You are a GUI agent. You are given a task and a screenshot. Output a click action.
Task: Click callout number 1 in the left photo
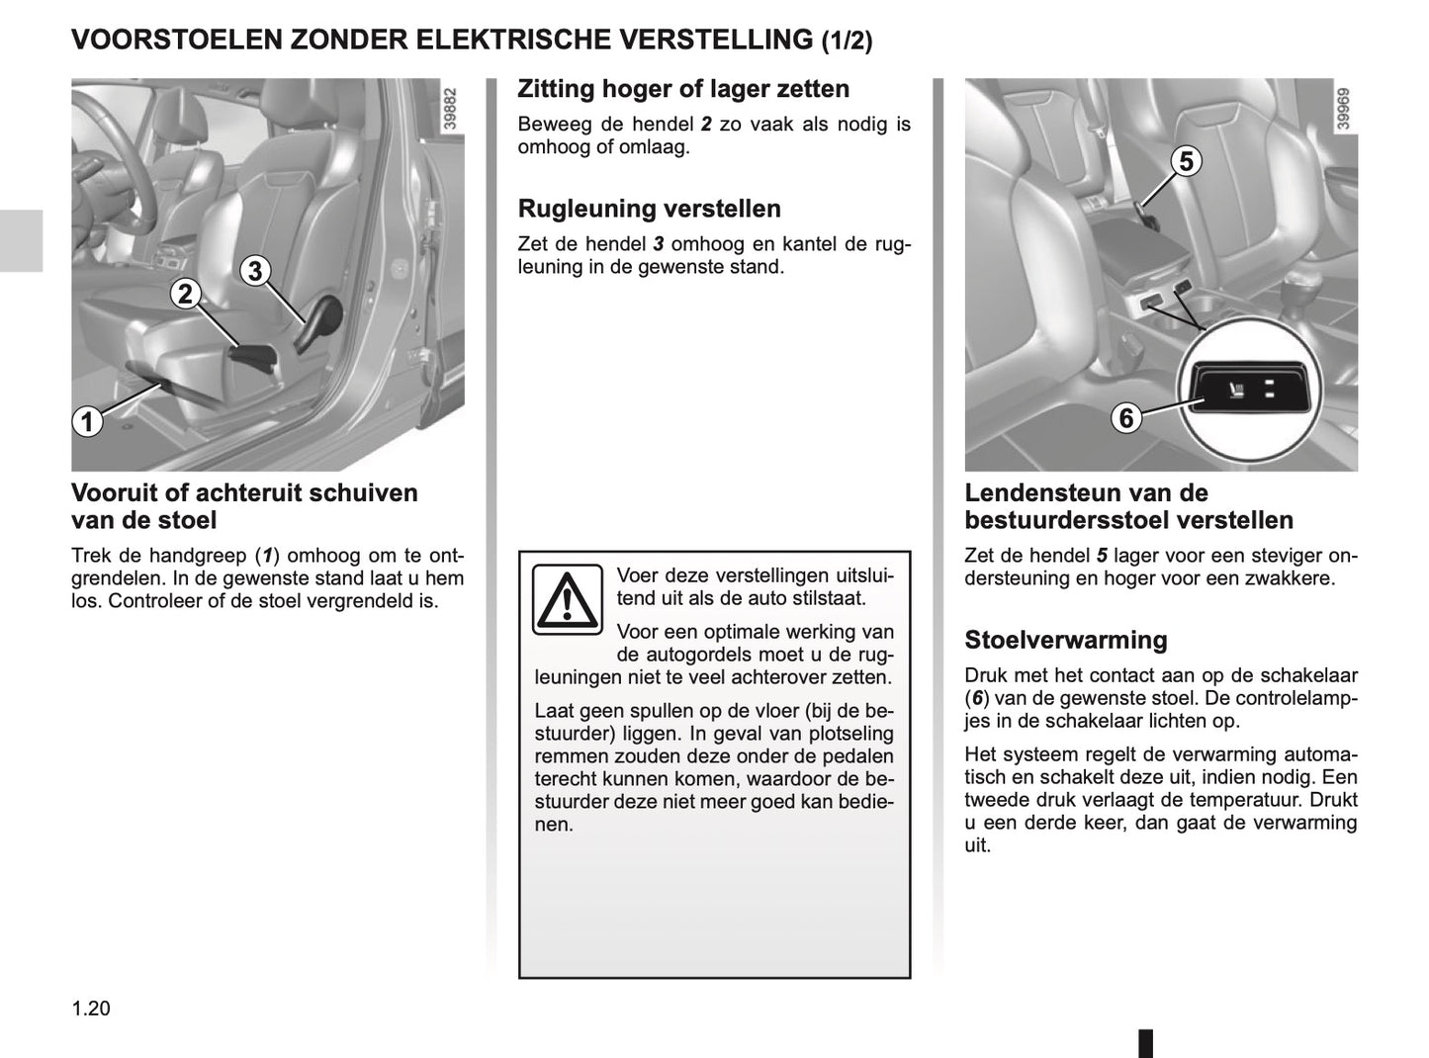(87, 422)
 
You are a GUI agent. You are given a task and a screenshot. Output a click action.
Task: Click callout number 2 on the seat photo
(185, 294)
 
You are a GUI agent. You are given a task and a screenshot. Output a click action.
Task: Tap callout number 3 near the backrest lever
(255, 270)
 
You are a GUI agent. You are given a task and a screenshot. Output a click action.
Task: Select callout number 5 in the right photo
(1186, 161)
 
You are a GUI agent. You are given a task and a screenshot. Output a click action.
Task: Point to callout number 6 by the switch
(1125, 418)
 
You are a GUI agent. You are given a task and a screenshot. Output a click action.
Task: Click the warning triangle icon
(567, 599)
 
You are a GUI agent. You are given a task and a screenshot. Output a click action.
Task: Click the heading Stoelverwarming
(1065, 640)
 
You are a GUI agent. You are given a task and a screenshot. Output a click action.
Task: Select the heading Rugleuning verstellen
(649, 209)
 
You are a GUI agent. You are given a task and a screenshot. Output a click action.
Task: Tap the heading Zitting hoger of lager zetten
(682, 89)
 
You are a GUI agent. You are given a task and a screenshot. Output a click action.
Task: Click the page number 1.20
(91, 1009)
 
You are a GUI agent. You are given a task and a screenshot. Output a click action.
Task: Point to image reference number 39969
(1343, 108)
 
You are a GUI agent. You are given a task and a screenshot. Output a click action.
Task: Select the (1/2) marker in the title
(848, 42)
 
